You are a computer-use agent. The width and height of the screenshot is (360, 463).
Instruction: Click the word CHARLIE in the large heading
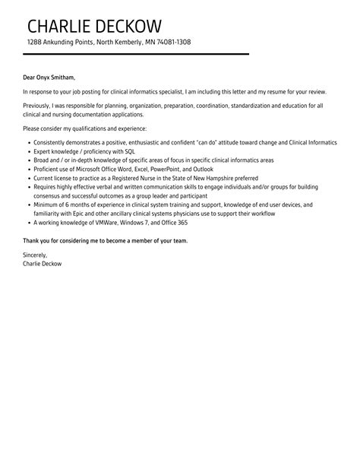[x=62, y=22]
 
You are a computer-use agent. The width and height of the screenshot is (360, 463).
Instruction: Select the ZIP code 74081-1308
[x=171, y=42]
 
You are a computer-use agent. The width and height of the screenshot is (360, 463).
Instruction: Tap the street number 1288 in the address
[x=35, y=42]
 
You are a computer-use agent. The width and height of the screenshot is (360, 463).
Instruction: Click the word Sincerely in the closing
[x=35, y=255]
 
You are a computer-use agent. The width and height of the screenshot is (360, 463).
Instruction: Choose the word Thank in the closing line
[x=32, y=240]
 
